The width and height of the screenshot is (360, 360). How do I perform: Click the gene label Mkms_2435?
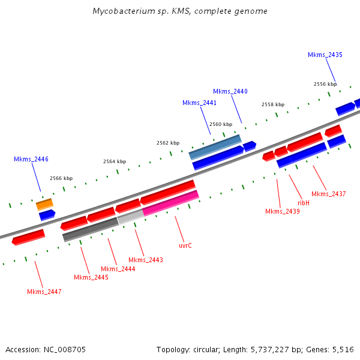325,55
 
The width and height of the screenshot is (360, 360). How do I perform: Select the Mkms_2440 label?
230,91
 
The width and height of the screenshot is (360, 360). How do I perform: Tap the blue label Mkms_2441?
199,103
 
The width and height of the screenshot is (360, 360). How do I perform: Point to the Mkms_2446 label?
31,159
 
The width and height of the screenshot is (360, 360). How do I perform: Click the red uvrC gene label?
185,245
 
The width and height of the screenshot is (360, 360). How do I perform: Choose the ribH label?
304,203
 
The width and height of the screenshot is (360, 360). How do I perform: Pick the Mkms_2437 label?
329,194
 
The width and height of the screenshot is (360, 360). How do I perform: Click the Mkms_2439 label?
282,211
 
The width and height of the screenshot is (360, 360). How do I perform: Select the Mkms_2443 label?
146,260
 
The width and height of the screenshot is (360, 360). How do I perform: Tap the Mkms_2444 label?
118,269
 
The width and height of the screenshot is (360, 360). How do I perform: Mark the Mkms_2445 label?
91,277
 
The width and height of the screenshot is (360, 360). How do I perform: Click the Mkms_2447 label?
44,292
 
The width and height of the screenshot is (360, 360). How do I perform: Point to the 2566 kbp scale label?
61,178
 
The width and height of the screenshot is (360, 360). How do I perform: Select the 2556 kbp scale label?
325,84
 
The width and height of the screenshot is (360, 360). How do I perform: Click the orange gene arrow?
44,204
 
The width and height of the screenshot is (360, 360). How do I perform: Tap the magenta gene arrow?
170,203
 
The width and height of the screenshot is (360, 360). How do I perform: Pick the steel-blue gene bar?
215,146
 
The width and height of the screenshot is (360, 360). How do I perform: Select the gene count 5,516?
342,349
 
